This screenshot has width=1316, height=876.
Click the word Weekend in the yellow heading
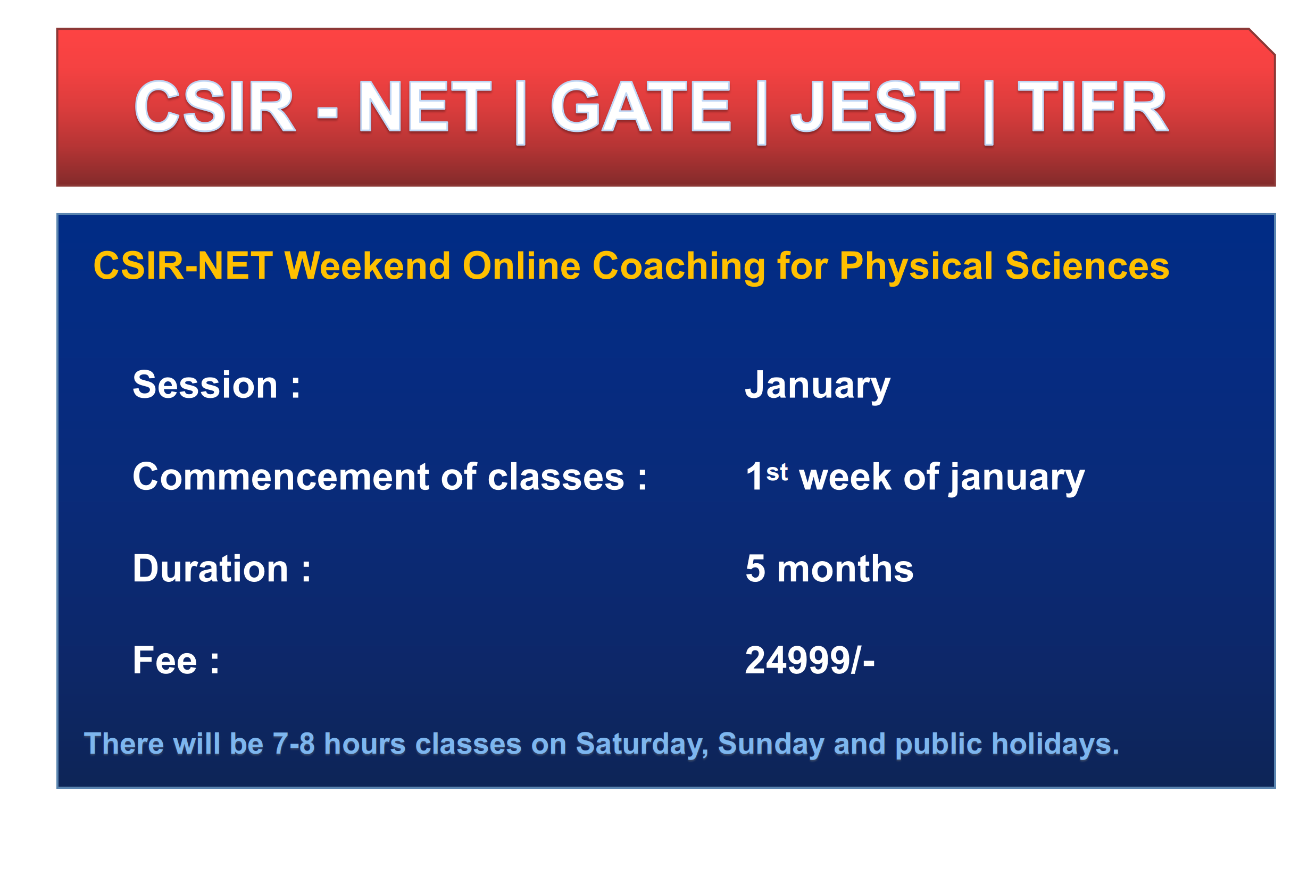point(367,266)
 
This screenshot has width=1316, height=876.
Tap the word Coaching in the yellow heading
point(678,266)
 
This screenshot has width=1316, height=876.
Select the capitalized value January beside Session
point(817,386)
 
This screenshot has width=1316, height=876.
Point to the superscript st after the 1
point(777,473)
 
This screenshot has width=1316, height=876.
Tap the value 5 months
point(829,569)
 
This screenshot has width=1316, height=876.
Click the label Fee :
point(176,661)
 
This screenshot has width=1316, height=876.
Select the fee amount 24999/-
point(810,661)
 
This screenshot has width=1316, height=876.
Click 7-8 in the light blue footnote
point(293,744)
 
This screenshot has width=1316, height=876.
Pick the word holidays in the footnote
point(1055,744)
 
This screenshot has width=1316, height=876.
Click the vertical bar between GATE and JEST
point(761,112)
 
